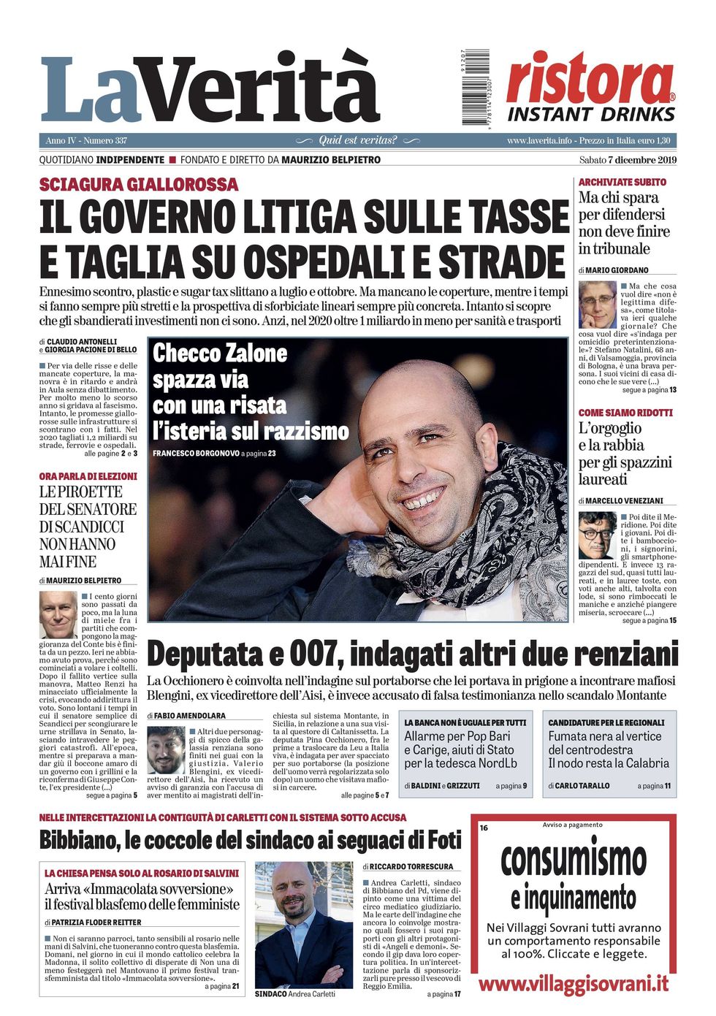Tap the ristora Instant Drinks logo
tap(590, 88)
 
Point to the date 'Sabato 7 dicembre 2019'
tap(628, 160)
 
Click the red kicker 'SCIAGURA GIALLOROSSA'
tap(139, 185)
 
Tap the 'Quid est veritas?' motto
tap(358, 140)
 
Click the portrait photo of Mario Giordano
tap(597, 304)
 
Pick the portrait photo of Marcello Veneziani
tap(598, 535)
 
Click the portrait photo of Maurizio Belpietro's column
tap(58, 614)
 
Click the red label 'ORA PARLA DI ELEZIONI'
tap(88, 476)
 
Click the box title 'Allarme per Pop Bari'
tap(457, 736)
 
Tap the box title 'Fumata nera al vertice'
tap(604, 736)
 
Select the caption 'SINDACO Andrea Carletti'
tap(295, 994)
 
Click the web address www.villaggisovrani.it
tap(573, 983)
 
